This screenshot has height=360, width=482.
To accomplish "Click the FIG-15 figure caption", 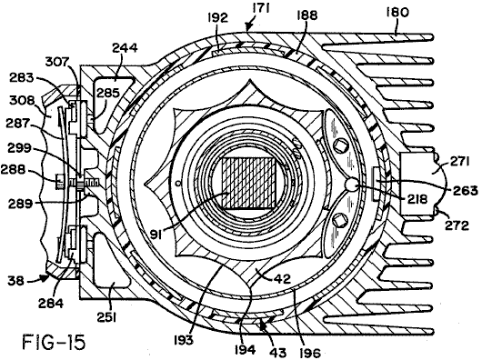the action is [x=54, y=342].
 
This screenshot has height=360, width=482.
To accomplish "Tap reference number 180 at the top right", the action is [x=397, y=13].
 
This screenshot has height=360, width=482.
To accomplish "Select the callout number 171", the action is [x=261, y=8].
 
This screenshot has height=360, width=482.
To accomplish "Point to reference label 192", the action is [x=217, y=18].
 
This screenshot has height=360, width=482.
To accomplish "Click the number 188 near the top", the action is [x=307, y=15].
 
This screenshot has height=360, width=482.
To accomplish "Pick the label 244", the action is [x=125, y=48].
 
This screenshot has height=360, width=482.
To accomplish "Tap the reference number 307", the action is [x=57, y=63].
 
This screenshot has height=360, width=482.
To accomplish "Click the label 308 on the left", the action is [x=21, y=100].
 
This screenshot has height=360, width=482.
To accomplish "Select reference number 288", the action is [x=13, y=169].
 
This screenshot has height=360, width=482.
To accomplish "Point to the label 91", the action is [x=157, y=234].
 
